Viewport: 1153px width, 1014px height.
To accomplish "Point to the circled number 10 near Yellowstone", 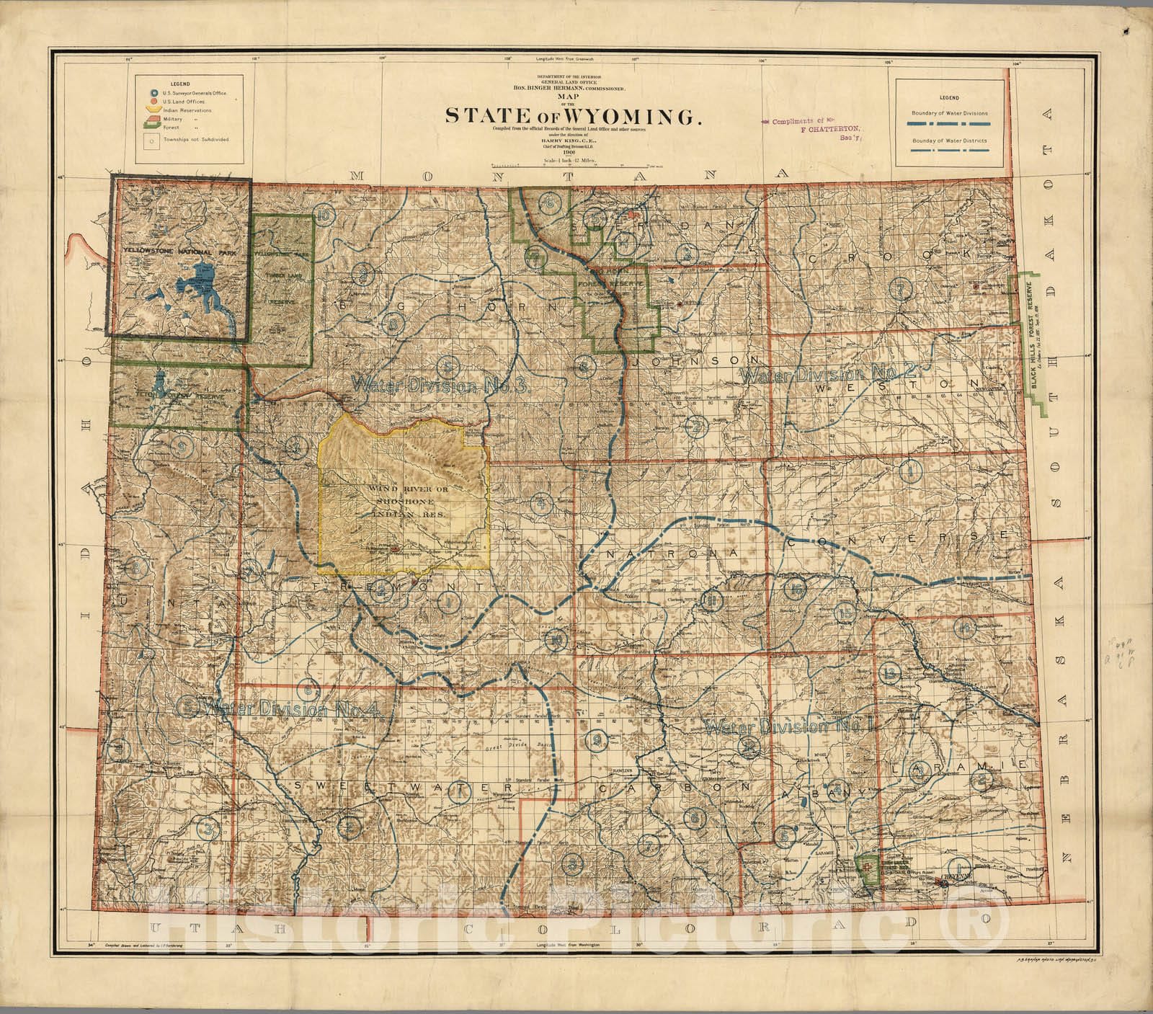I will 324,215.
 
